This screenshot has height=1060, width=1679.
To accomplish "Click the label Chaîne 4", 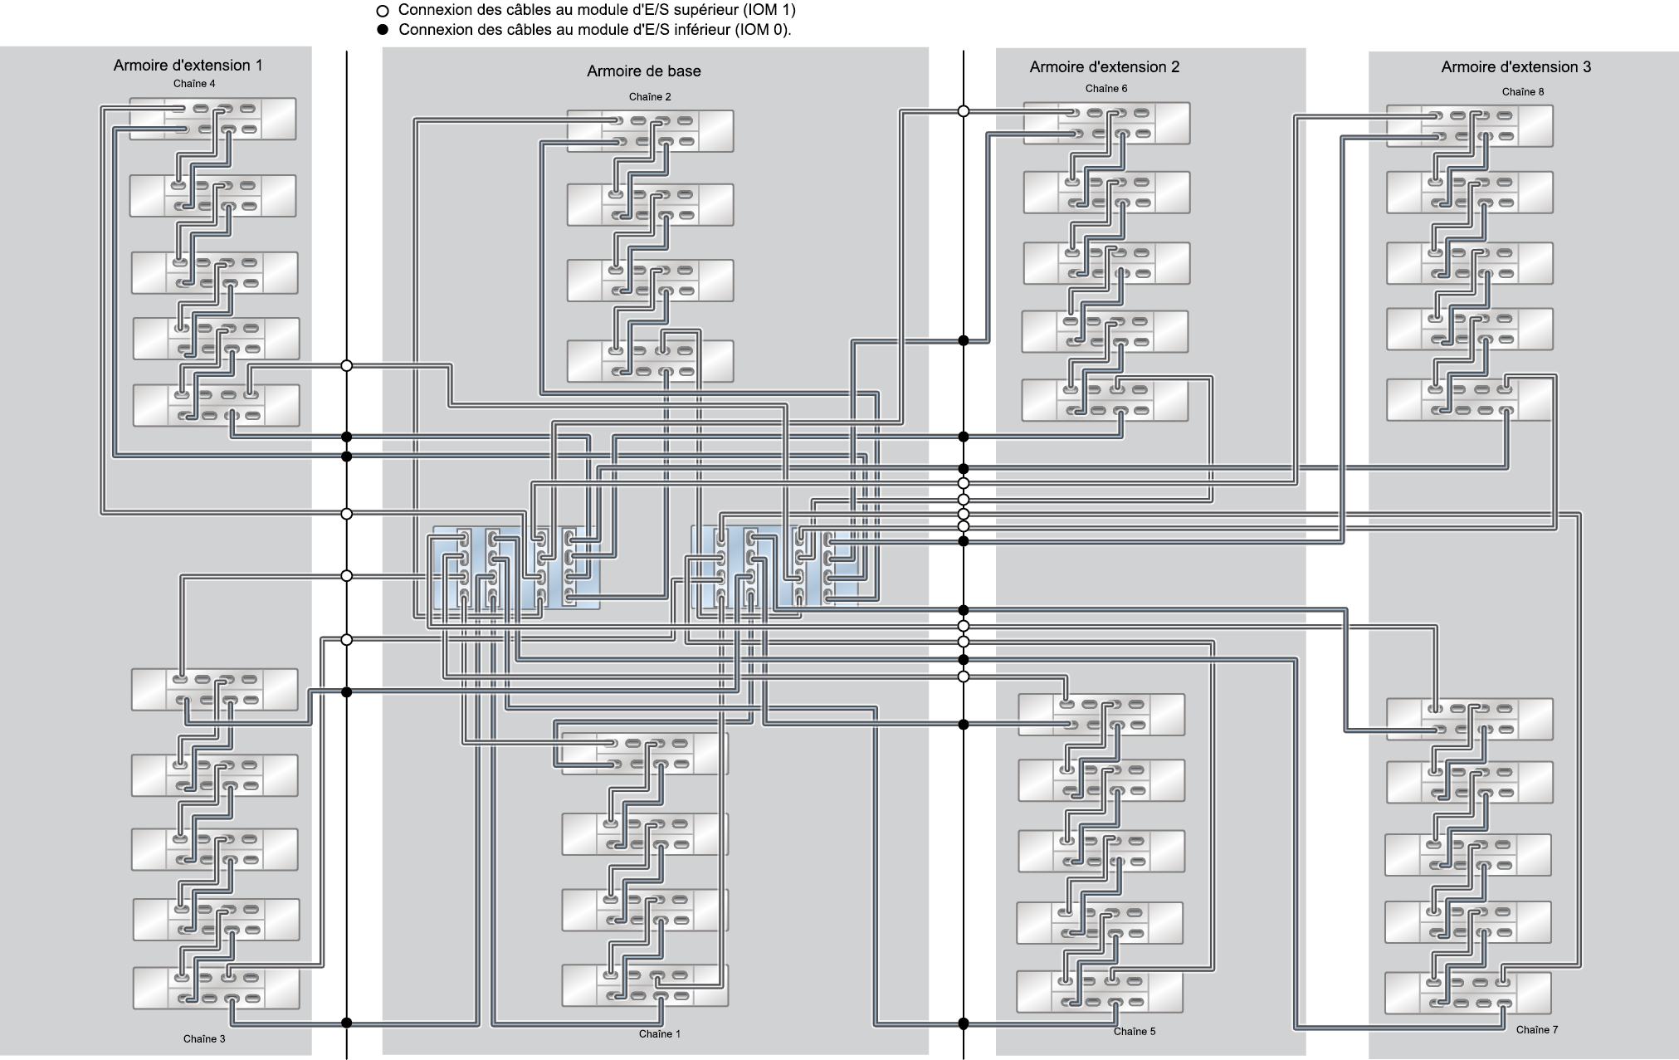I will (x=194, y=84).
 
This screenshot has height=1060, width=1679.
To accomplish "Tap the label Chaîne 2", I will (x=650, y=97).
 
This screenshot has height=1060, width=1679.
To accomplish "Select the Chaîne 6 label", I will (x=1106, y=89).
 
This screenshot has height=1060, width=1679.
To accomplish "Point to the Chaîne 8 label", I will (x=1523, y=92).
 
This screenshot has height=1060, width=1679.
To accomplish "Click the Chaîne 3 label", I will (x=204, y=1038).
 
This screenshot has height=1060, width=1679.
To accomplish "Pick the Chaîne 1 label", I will (x=660, y=1033).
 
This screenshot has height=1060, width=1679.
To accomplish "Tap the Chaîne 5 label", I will (x=1135, y=1031).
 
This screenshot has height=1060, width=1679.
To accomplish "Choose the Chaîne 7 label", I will (x=1537, y=1029).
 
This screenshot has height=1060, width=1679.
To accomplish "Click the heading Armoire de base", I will (x=644, y=71).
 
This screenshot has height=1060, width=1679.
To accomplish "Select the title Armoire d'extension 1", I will (x=188, y=66).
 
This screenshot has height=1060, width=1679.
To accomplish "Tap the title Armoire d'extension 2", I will (x=1105, y=67).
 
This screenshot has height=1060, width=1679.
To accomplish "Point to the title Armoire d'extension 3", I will (x=1516, y=67).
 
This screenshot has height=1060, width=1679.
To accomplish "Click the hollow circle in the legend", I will (x=383, y=12).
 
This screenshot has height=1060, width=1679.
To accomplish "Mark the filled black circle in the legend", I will (x=383, y=31).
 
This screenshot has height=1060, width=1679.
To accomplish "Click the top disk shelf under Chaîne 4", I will (x=212, y=119).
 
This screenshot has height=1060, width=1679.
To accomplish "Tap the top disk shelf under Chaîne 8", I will (x=1470, y=125).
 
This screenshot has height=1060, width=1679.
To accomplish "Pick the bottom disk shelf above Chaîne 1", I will (x=645, y=985).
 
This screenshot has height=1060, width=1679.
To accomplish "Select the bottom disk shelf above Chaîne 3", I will (x=216, y=988).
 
